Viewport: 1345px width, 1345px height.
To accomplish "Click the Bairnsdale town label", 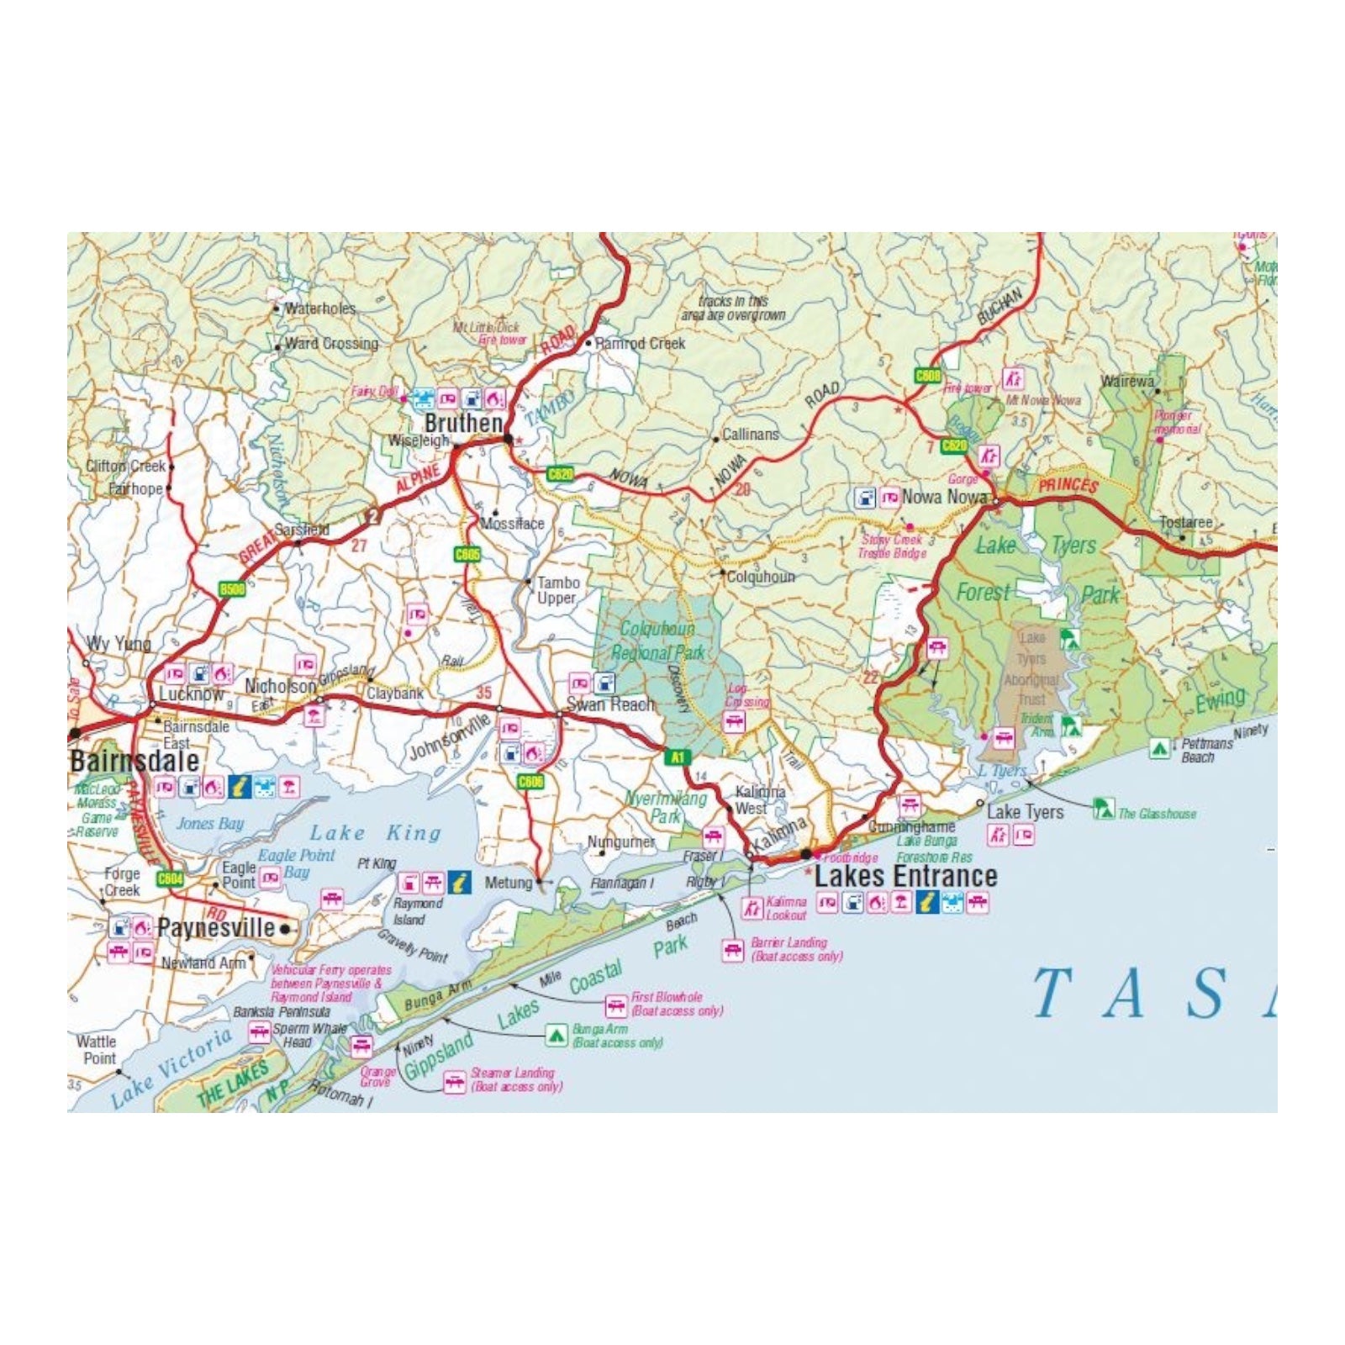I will coord(134,762).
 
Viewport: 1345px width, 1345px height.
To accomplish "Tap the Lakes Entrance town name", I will coord(905,876).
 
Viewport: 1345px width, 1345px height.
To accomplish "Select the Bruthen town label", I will coord(463,423).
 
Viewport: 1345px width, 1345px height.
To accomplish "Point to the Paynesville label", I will coord(216,928).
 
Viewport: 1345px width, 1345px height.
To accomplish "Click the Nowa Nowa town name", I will coord(944,497).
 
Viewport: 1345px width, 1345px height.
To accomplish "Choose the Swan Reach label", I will coord(610,704).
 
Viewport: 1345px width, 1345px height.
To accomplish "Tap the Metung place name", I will coord(509,883).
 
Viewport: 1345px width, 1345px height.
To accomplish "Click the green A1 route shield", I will coord(678,757).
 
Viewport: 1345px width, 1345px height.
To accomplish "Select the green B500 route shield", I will coord(232,589).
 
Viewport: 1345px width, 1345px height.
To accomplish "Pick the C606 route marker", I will coord(530,782).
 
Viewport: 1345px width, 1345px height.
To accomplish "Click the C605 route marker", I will coord(467,555).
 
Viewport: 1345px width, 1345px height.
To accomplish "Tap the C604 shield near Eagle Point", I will coord(170,878).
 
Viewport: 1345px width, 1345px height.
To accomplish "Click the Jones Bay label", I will coord(209,823).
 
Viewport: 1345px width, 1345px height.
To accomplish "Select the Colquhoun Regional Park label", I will coord(657,641).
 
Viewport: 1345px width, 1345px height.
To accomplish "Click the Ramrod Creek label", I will coord(641,343).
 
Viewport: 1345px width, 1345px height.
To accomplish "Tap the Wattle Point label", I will coord(97,1050).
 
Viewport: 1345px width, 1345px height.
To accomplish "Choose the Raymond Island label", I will coord(417,911).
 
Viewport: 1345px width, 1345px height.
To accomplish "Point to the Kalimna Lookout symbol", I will coord(752,908).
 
